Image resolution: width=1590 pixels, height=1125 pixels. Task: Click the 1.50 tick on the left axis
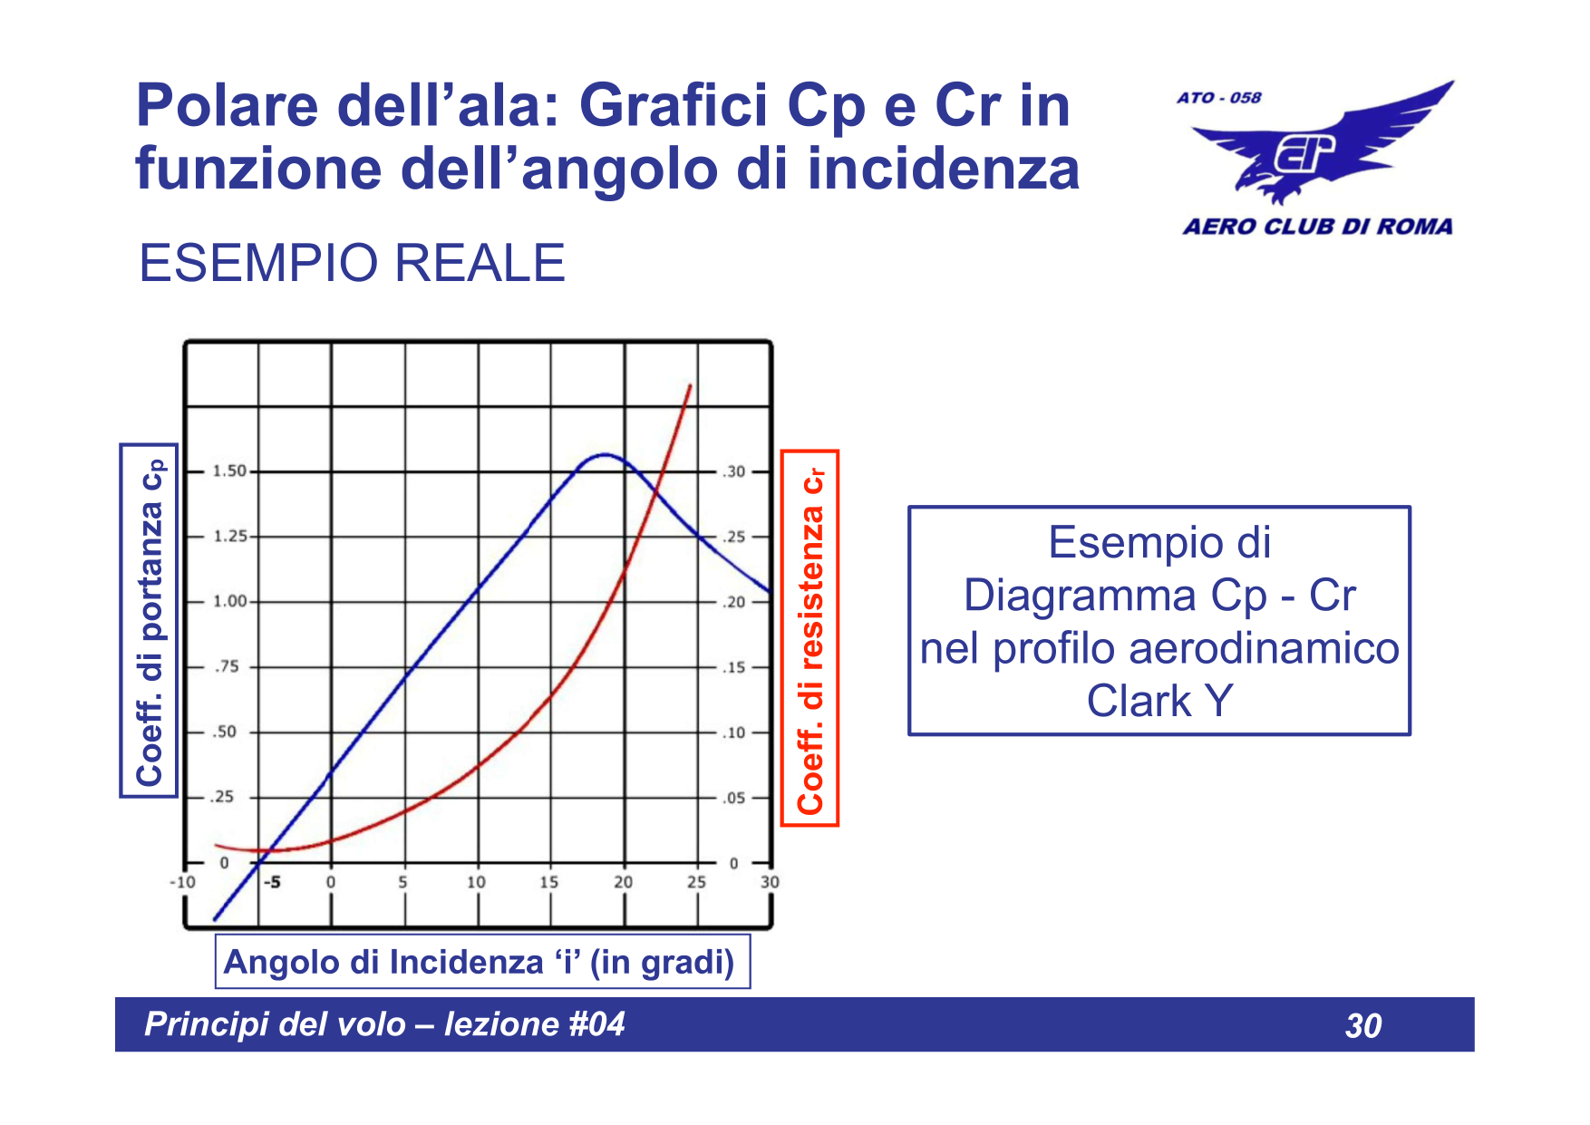pos(229,471)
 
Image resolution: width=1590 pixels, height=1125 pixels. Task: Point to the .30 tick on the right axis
pos(733,471)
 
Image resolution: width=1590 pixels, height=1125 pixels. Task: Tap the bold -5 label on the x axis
pos(271,882)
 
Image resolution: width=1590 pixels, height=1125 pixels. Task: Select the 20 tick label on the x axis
pos(623,882)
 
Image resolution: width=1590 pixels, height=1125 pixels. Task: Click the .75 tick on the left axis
pos(227,667)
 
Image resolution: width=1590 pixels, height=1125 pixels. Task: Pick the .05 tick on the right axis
pos(733,798)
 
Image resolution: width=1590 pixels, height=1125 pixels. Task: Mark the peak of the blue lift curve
pos(606,455)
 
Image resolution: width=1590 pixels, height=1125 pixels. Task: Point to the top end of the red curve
pos(691,386)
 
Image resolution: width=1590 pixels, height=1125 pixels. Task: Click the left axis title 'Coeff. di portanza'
pos(150,621)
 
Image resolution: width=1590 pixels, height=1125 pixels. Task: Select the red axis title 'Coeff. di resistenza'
pos(810,639)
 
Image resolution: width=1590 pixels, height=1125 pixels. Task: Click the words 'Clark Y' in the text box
pos(1159,701)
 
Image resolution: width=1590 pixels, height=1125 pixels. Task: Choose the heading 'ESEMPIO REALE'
pos(352,264)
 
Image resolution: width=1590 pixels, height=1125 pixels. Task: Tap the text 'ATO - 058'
pos(1219,98)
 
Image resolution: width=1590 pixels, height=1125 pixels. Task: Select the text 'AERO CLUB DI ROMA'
pos(1317,227)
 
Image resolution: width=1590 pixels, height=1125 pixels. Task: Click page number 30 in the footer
pos(1363,1026)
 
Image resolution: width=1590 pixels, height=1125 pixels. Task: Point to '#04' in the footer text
pos(596,1024)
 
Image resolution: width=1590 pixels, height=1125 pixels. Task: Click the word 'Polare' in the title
pos(227,106)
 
